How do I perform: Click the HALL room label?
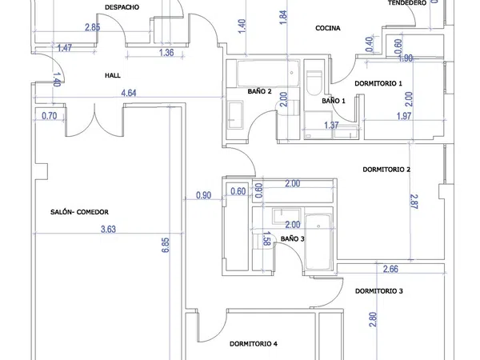[x=113, y=75]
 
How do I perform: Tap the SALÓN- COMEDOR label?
[x=79, y=212]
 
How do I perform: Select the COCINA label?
[x=328, y=28]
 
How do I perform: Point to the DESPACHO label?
[x=122, y=7]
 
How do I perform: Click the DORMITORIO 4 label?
[x=254, y=344]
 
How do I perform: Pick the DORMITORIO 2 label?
[x=386, y=170]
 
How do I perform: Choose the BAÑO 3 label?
[x=292, y=238]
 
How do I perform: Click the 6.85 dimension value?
[x=166, y=246]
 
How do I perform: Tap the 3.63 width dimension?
[x=108, y=229]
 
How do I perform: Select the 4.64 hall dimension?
[x=129, y=93]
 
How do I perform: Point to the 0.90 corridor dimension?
[x=203, y=195]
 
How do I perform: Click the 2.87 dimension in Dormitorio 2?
[x=414, y=202]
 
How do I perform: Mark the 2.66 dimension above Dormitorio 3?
[x=390, y=269]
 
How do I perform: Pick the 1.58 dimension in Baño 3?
[x=266, y=238]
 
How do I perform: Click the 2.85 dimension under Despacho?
[x=93, y=27]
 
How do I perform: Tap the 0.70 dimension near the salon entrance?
[x=50, y=116]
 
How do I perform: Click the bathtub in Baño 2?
[x=268, y=74]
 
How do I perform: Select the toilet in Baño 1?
[x=314, y=83]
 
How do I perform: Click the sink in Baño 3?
[x=287, y=216]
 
